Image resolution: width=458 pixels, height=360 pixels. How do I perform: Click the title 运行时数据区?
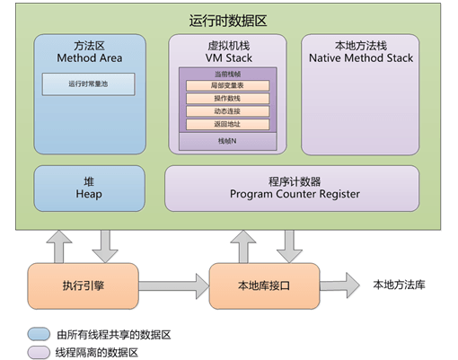pos(228,21)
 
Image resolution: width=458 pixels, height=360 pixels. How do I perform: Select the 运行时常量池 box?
pos(88,84)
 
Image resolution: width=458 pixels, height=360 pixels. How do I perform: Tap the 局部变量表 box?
pos(227,85)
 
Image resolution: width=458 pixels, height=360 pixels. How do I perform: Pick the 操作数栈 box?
pos(227,99)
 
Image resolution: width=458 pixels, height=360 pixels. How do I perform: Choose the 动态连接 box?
pos(227,111)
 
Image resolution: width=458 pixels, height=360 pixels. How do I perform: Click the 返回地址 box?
pos(227,124)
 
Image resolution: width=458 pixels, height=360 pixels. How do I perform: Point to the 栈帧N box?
pos(227,141)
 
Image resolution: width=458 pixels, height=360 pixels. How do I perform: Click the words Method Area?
pos(90,58)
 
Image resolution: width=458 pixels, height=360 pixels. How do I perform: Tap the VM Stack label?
pos(229,58)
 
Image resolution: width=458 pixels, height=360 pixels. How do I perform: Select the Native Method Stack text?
pos(361,58)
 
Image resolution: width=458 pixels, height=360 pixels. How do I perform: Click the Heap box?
pos(89,189)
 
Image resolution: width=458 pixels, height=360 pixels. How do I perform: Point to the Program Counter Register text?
pos(295,194)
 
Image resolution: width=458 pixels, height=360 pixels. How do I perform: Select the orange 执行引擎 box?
pos(83,285)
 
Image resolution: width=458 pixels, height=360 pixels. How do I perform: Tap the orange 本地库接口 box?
pos(264,285)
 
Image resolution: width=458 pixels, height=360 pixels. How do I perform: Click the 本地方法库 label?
pos(399,285)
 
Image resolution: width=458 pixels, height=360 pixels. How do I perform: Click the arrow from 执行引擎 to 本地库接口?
pos(173,286)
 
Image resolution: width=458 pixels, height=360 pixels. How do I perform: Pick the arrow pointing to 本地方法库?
pos(339,285)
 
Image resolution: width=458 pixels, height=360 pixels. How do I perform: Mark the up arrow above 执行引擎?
pos(59,247)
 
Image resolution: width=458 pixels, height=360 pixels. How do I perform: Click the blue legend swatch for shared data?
pos(39,334)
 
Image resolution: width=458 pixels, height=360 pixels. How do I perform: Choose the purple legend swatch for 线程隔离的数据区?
pos(39,352)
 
